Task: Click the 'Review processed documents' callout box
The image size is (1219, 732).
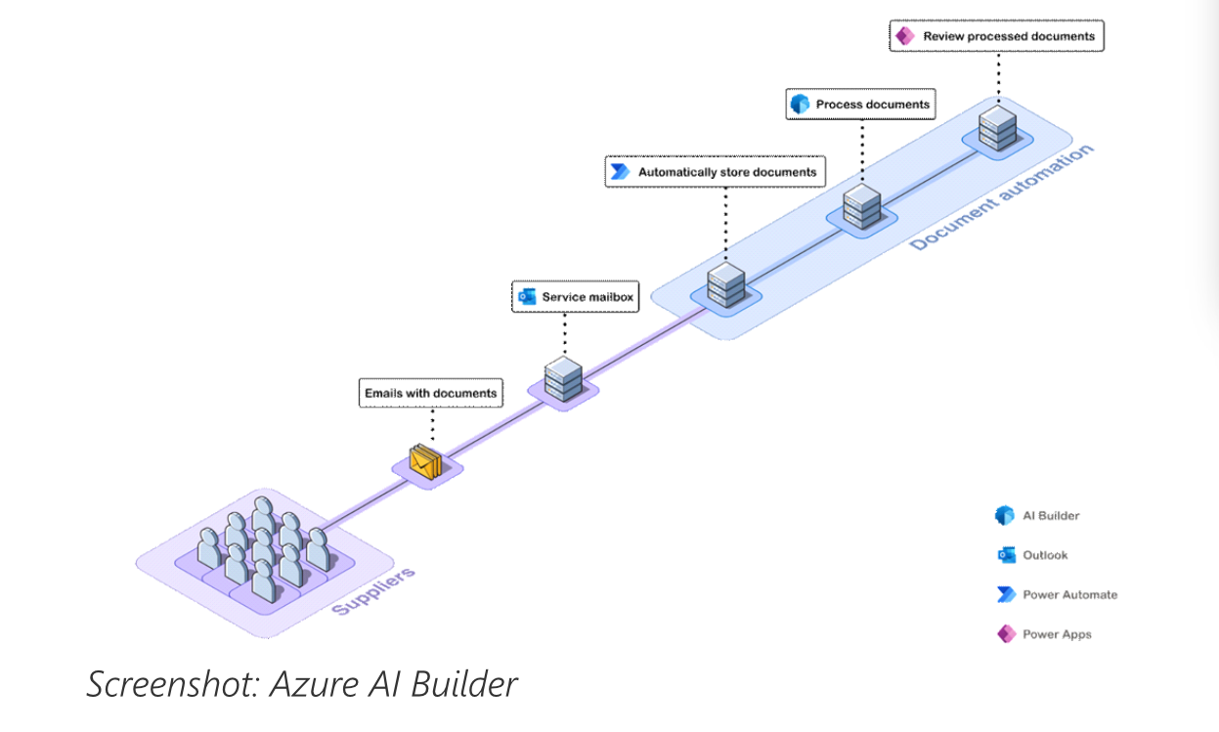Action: (997, 36)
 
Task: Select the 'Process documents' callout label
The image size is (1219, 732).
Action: (860, 104)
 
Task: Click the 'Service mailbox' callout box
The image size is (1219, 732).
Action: (576, 297)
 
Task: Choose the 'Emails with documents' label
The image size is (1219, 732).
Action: (430, 393)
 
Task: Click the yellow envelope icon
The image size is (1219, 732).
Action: (425, 461)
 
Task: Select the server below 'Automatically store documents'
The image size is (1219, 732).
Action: (725, 283)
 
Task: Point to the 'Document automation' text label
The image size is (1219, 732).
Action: (1001, 197)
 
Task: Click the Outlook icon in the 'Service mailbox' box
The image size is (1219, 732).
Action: (527, 297)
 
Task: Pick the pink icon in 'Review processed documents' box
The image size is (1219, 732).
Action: (905, 36)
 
